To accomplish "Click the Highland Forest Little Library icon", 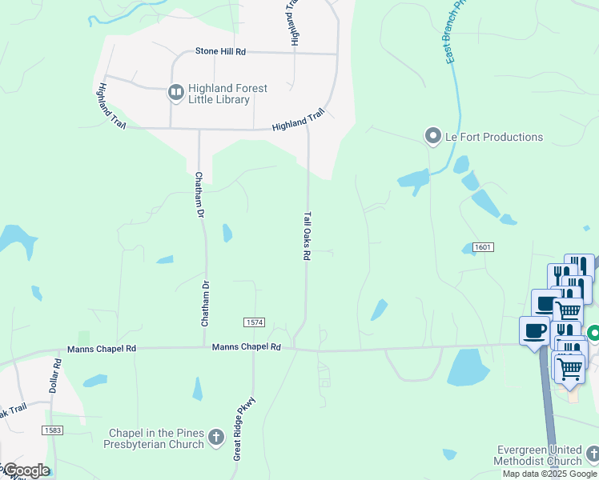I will tap(175, 94).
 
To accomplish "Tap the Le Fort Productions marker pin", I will tap(433, 137).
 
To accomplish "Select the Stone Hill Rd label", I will tap(220, 51).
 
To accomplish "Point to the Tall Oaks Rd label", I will tap(306, 235).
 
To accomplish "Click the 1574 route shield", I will tap(254, 322).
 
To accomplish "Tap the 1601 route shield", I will tap(482, 247).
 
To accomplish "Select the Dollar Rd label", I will tap(57, 375).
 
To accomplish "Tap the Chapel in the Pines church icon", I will tap(215, 438).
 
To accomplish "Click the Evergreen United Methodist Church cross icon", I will tap(592, 454).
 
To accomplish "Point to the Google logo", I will tap(26, 470).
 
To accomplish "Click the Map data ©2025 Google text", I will tap(549, 474).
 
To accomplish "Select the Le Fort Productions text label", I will tap(494, 137).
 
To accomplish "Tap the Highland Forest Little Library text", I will tap(227, 94).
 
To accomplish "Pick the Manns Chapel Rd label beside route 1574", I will tap(247, 347).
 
